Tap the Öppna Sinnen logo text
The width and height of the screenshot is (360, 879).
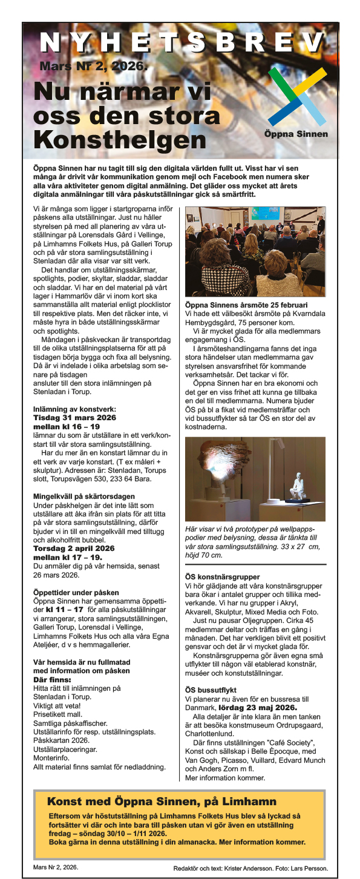(x=296, y=134)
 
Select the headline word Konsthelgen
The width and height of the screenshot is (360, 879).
(x=119, y=140)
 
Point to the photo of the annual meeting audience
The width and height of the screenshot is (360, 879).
(x=255, y=251)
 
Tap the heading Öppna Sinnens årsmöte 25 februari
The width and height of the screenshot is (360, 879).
(x=246, y=305)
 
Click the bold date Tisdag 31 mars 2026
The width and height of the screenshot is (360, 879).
(x=73, y=418)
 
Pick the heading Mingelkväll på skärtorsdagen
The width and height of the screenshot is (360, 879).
(x=83, y=496)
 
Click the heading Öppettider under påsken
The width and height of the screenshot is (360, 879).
(x=76, y=591)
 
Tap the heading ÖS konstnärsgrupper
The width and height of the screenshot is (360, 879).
(x=222, y=576)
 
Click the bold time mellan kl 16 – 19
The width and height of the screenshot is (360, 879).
(x=66, y=426)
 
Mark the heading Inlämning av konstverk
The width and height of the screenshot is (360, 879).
(x=74, y=409)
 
